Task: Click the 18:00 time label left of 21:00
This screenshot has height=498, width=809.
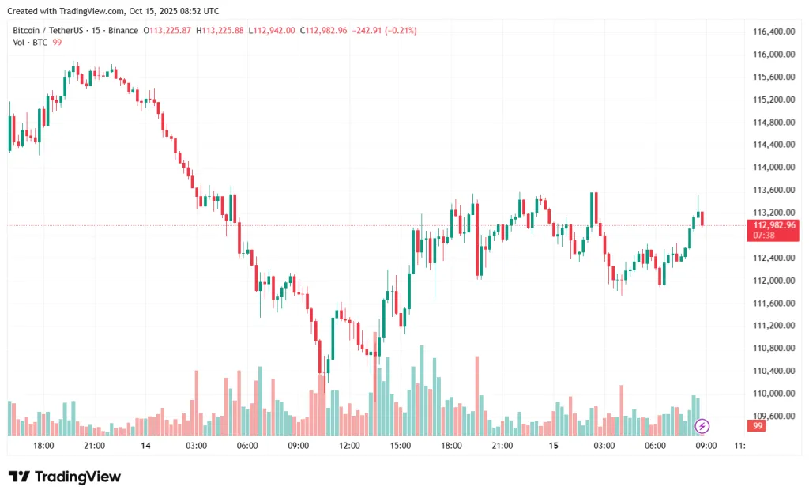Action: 43,446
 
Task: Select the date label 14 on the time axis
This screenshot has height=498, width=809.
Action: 145,446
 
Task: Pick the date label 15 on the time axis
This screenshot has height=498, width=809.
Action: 554,446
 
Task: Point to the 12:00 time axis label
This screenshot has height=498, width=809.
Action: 349,446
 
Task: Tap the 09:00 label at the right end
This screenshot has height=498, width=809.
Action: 706,446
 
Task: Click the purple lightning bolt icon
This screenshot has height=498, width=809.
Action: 702,427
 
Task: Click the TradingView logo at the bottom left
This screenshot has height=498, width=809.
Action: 65,477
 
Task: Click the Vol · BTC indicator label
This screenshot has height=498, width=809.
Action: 29,42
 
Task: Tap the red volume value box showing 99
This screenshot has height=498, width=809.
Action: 758,426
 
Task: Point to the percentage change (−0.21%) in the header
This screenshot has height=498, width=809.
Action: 399,30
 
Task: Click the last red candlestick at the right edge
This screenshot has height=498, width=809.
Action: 702,218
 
